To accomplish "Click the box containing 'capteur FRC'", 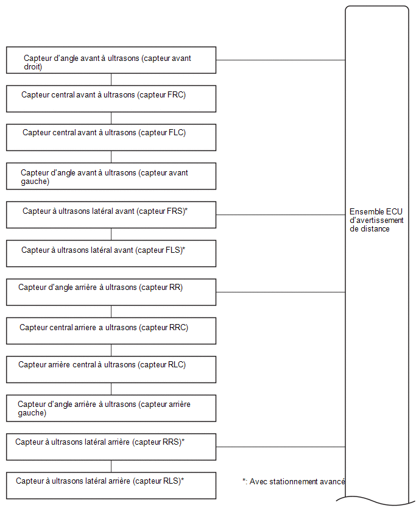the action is [x=111, y=99].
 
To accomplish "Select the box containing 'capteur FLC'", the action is [x=111, y=137].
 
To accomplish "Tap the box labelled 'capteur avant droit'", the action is [x=111, y=60].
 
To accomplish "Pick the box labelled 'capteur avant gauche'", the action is [x=111, y=176].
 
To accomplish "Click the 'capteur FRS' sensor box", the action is [x=111, y=215].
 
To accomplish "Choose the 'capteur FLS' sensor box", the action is [x=111, y=253].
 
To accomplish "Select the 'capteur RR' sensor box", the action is [x=111, y=292].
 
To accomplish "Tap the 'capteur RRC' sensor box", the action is [x=111, y=331].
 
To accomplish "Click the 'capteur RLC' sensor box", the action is [x=111, y=370].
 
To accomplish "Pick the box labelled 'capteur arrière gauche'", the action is [x=111, y=408].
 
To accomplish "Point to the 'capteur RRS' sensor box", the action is [x=111, y=447].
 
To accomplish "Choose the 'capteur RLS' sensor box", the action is [x=111, y=485].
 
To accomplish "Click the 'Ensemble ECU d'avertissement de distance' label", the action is [x=376, y=220].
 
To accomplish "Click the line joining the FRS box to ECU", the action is [x=281, y=215].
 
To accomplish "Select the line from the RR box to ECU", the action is [x=281, y=292].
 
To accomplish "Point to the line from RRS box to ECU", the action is [x=281, y=447].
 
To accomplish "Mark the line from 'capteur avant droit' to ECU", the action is [x=281, y=60].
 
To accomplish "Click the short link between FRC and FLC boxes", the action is [x=111, y=118].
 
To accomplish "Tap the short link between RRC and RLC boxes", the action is [x=111, y=350].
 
